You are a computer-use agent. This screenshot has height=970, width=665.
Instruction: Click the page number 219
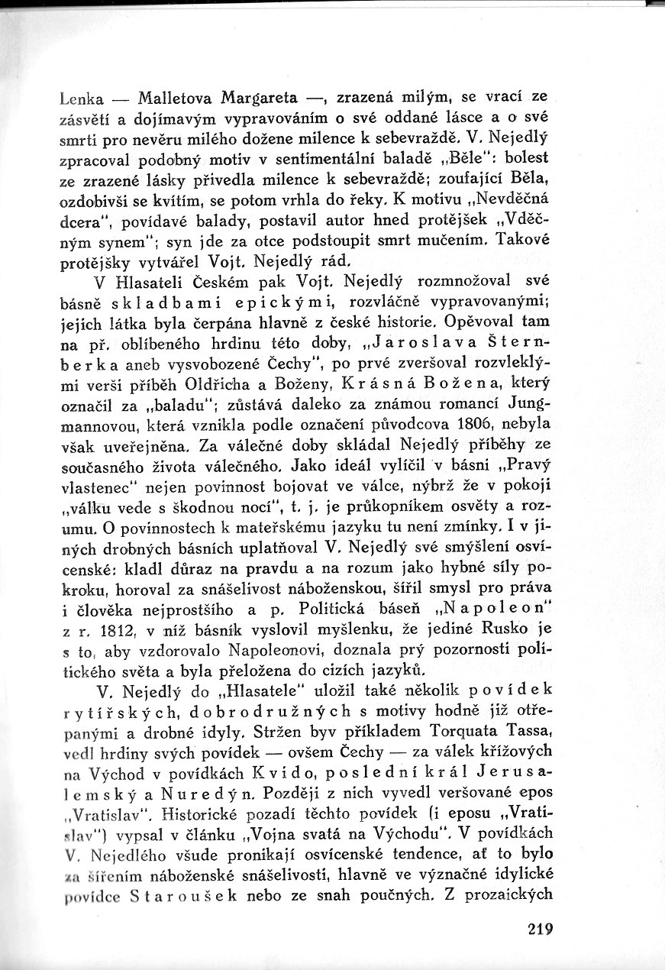539,930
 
